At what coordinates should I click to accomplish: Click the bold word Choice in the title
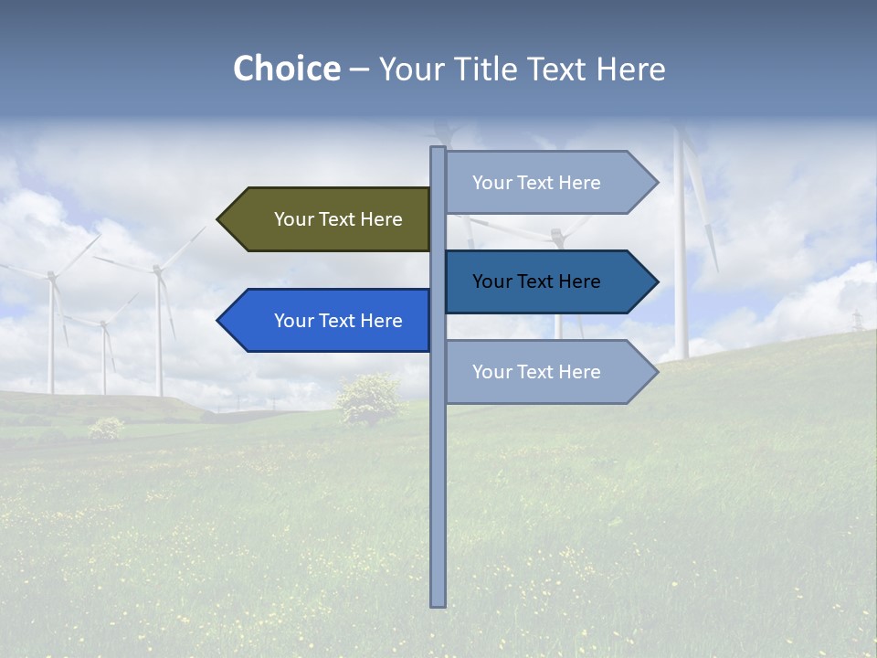pos(286,69)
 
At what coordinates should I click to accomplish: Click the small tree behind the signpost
pos(368,398)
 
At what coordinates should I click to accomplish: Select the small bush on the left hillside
pos(107,427)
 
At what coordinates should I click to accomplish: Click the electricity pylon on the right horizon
pos(857,321)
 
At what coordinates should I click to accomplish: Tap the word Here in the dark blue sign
pos(577,281)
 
